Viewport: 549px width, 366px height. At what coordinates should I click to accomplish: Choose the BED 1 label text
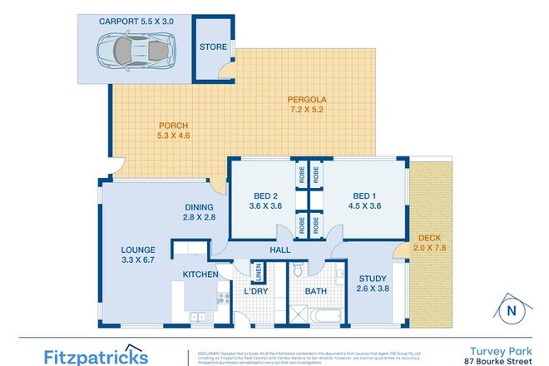point(360,200)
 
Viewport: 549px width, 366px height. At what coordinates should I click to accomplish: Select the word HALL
point(279,248)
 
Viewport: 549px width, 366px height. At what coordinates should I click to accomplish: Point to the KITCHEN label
point(200,274)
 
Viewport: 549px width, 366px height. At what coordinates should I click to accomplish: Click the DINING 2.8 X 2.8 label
point(200,213)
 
